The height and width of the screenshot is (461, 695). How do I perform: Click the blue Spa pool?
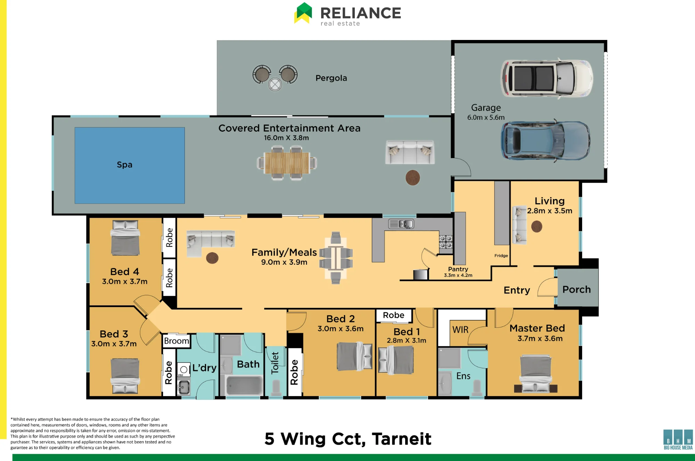[130, 165]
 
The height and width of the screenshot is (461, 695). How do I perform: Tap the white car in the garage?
[547, 78]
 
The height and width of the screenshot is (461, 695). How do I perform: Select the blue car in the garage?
[545, 141]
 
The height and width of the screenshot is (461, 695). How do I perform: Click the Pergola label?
[331, 78]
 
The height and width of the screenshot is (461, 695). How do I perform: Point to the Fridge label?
[501, 256]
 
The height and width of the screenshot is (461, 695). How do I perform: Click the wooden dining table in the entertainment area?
[287, 163]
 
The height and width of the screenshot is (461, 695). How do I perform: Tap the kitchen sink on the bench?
[401, 224]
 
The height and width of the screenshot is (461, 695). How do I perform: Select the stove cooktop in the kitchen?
[446, 242]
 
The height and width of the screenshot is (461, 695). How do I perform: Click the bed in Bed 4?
[125, 238]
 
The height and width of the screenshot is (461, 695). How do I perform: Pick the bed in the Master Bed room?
[535, 374]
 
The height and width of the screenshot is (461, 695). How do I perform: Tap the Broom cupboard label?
[177, 341]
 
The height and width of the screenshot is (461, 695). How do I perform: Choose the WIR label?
[460, 330]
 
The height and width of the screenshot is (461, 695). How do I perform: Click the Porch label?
[577, 289]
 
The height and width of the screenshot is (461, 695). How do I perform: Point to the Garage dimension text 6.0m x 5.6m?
[486, 117]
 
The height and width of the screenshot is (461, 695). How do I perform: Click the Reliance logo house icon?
[303, 13]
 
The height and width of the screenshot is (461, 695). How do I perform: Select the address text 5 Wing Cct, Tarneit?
[348, 439]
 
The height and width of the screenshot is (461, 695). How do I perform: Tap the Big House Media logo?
[678, 439]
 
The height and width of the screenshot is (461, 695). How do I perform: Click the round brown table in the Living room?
[537, 227]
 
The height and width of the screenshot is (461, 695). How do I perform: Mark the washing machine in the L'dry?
[184, 370]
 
